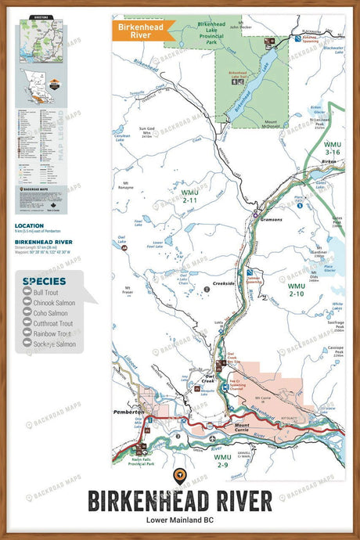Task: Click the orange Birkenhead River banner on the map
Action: click(138, 31)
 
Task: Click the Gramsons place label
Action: click(272, 219)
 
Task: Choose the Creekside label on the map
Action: click(223, 283)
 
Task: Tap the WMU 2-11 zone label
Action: click(189, 196)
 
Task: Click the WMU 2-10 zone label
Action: click(297, 290)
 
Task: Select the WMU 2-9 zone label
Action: click(223, 461)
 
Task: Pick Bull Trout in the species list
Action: click(49, 292)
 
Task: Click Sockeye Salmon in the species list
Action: click(55, 344)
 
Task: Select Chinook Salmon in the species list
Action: click(55, 302)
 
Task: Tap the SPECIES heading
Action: click(44, 280)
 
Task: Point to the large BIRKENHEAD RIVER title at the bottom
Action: click(179, 500)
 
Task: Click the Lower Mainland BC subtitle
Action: click(179, 520)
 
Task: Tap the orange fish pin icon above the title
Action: click(179, 475)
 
